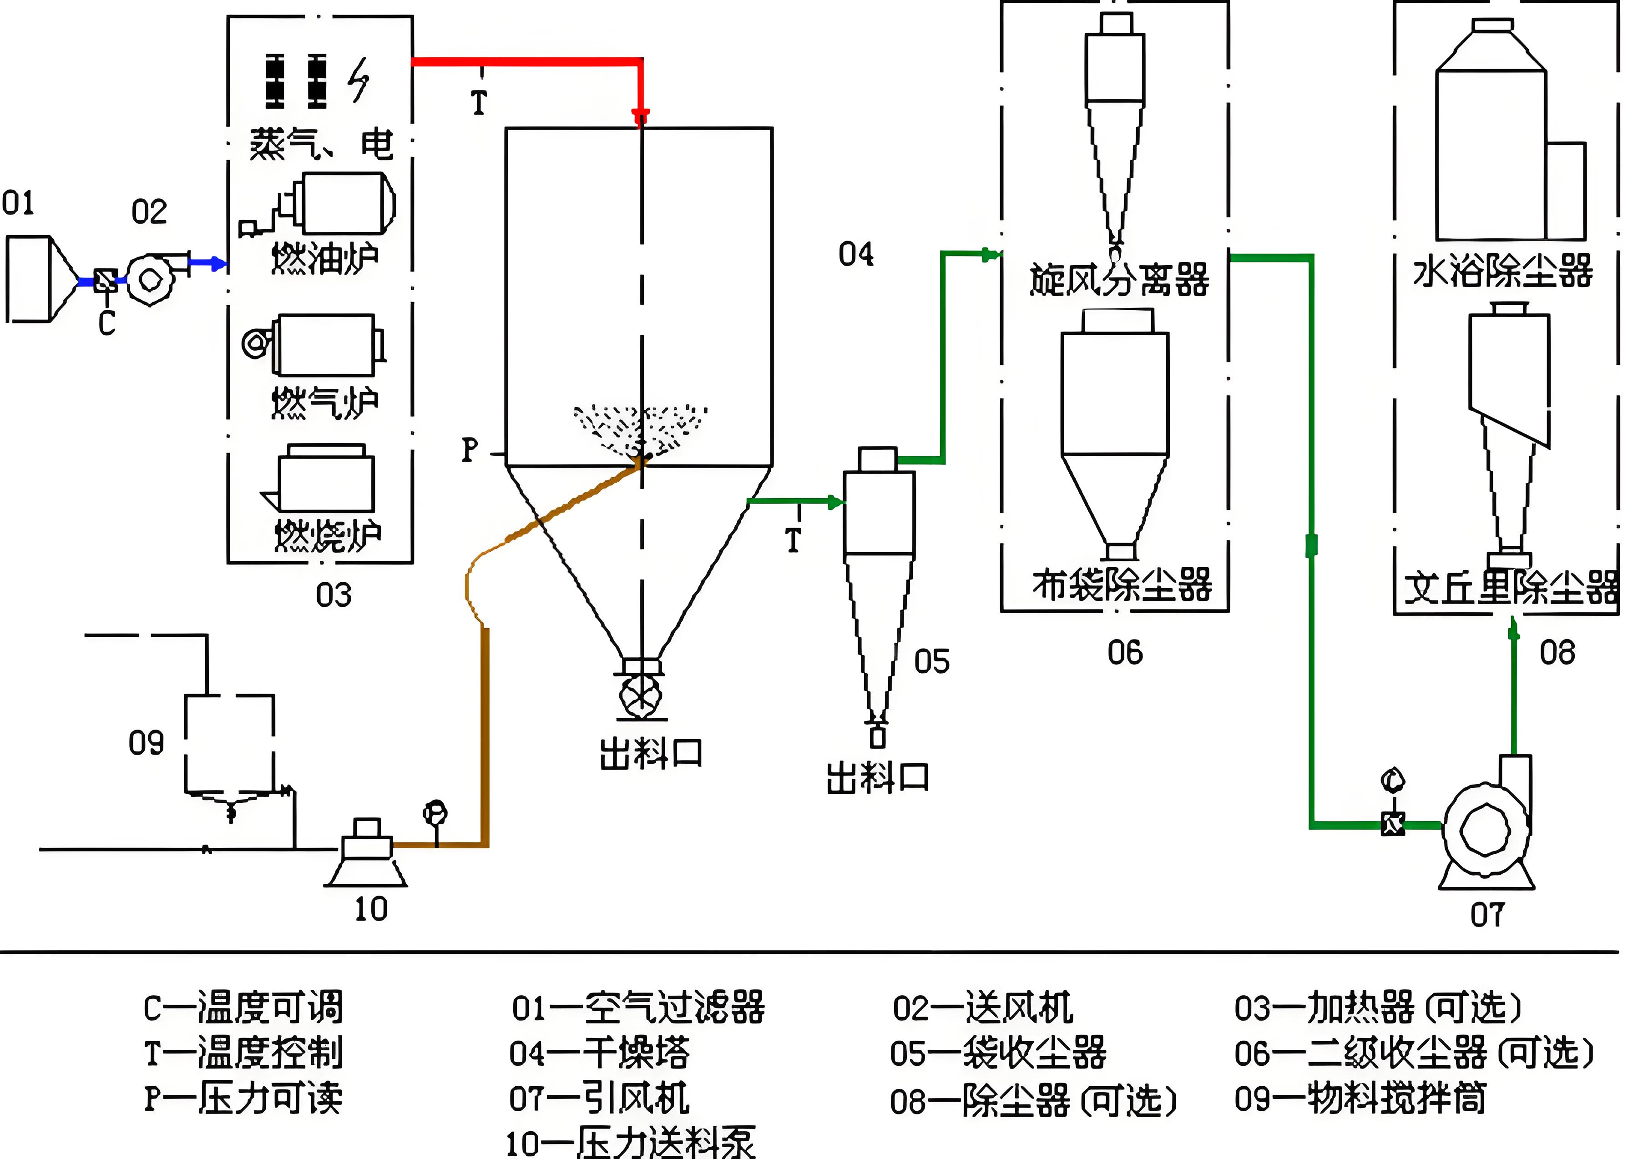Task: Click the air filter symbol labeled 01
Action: click(x=39, y=280)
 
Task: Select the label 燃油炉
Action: click(x=325, y=258)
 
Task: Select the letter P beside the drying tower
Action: click(x=470, y=450)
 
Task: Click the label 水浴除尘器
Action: click(x=1502, y=271)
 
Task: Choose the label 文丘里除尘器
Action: click(x=1510, y=588)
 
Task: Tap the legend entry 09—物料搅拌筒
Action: click(x=1360, y=1099)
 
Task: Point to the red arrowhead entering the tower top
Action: click(x=641, y=116)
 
